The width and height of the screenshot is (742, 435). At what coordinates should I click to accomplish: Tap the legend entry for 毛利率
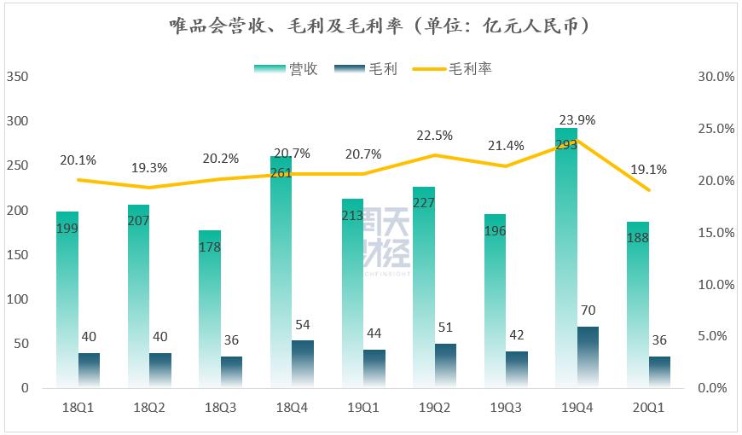pos(452,69)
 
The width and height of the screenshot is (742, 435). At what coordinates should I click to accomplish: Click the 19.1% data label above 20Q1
pos(650,169)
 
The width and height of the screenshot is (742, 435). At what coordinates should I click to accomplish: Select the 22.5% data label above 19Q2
pos(435,136)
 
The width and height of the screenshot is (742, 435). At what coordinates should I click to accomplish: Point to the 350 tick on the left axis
pos(17,77)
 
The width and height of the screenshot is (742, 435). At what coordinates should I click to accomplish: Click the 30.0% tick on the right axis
pos(716,77)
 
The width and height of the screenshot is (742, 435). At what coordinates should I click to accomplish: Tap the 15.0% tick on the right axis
pos(716,233)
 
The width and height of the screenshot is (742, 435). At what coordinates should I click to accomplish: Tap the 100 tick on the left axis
pos(17,299)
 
